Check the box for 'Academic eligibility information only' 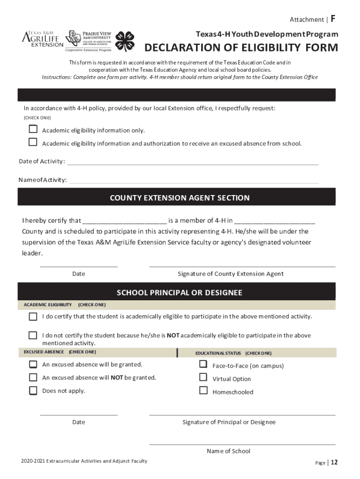33,129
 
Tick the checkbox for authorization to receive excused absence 33,142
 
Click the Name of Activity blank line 194,182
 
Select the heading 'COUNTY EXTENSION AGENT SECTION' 180,198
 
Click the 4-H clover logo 125,41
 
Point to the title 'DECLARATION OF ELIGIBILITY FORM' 241,48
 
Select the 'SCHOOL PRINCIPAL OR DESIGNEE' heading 180,293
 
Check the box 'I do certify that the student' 33,317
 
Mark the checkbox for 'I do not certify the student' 33,335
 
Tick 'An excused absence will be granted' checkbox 33,364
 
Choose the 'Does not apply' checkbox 33,391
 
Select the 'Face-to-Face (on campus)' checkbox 203,364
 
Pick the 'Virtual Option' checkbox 203,377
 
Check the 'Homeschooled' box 203,390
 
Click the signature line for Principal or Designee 242,414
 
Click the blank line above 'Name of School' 242,443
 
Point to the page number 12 334,463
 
